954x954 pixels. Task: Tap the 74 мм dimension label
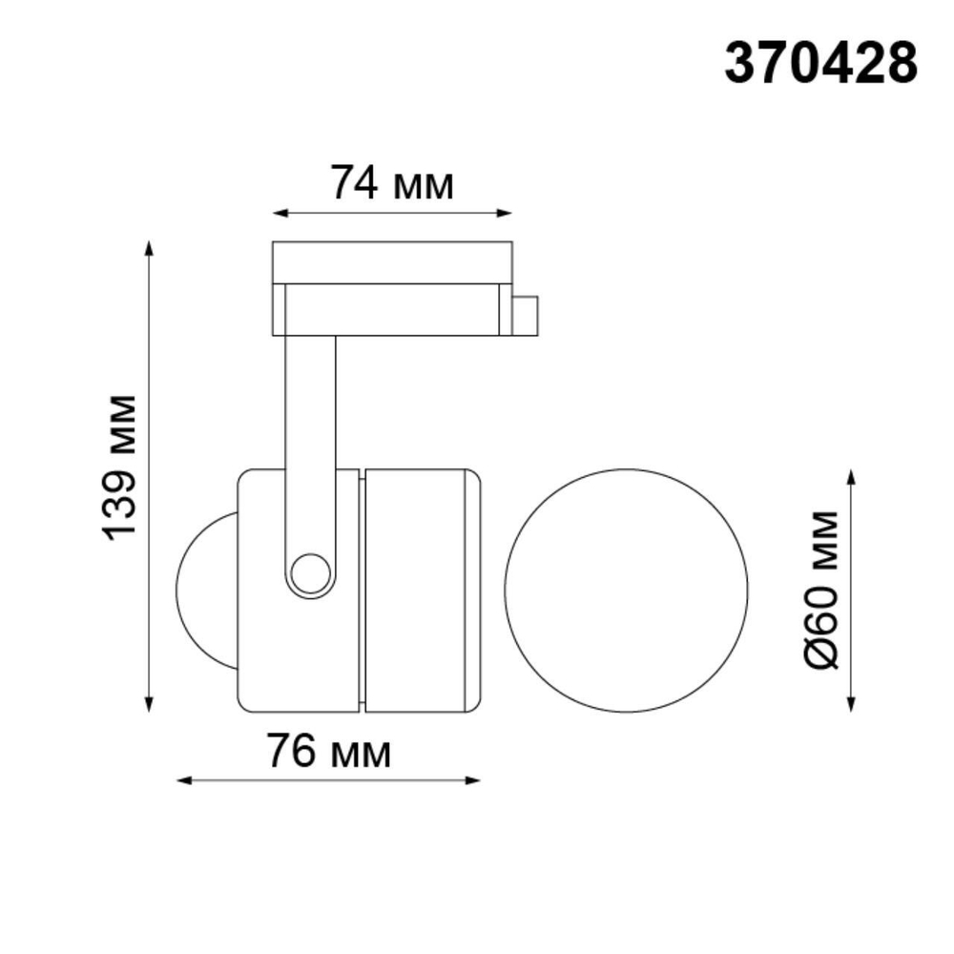391,183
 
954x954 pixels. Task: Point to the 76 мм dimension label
328,753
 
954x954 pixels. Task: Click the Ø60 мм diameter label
819,590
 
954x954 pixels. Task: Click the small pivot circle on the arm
310,574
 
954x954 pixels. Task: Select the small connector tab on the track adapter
525,315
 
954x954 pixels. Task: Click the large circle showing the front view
627,590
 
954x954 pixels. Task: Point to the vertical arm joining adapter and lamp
310,429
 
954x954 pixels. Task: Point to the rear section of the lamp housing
420,590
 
